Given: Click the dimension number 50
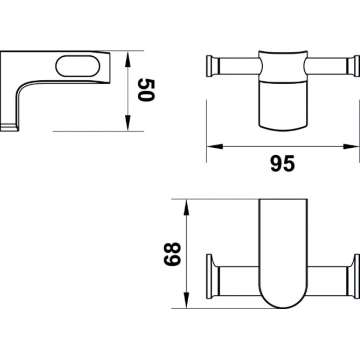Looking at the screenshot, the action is (x=146, y=89).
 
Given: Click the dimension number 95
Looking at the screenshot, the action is (x=282, y=163).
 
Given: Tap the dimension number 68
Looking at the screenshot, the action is (x=172, y=254).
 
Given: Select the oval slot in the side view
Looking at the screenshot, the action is (x=78, y=66).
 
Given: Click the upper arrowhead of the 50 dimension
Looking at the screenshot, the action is (x=127, y=59).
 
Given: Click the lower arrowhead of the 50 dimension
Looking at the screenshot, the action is (x=127, y=123).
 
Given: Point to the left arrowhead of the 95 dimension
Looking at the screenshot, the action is (x=214, y=146).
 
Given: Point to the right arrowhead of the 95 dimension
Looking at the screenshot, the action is (x=351, y=146).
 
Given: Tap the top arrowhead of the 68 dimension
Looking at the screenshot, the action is (x=186, y=207).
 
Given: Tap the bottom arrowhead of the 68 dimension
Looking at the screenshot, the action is (x=186, y=300).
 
